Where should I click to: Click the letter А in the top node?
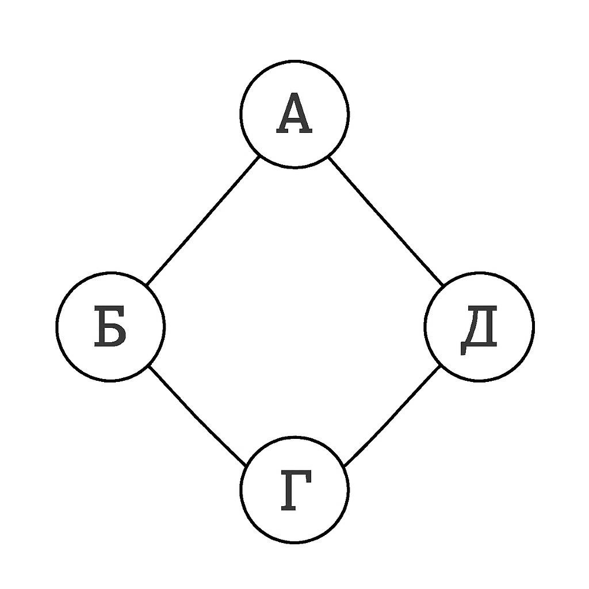coord(294,113)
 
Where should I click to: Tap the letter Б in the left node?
coord(110,326)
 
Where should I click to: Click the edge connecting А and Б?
coord(203,221)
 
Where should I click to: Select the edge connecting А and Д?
coord(385,221)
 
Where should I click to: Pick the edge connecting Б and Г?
coord(197,415)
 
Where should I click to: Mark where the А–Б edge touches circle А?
coord(259,156)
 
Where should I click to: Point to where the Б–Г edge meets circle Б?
coord(149,366)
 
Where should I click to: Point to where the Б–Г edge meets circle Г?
coord(246,465)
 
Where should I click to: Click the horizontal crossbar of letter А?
coord(294,120)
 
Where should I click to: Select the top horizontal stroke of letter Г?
coord(296,474)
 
